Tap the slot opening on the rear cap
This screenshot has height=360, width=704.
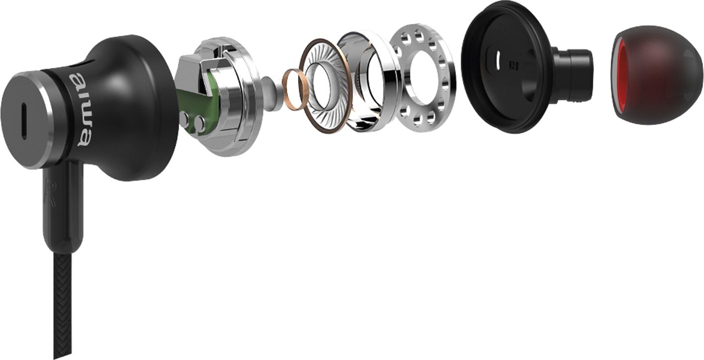tap(24, 121)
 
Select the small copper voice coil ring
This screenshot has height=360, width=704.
tap(296, 90)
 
